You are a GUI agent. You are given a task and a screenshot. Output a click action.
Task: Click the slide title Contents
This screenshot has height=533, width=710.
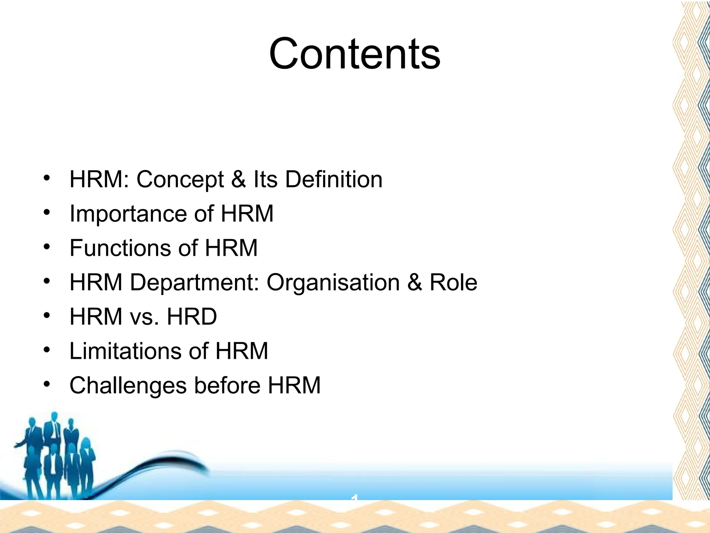tap(355, 54)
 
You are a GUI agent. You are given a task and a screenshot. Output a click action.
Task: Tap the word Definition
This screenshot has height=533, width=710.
tap(334, 179)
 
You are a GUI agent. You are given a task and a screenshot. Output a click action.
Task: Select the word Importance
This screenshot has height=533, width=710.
tap(128, 214)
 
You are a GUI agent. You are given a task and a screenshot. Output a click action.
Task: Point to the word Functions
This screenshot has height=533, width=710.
tap(121, 248)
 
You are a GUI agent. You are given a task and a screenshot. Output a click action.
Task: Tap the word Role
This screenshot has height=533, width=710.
tap(453, 282)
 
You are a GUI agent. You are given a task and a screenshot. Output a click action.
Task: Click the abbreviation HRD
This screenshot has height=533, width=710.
tap(192, 316)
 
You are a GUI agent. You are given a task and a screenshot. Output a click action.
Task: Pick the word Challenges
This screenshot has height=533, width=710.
tap(128, 386)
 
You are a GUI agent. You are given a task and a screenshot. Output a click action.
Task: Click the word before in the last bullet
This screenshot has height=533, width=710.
tap(227, 385)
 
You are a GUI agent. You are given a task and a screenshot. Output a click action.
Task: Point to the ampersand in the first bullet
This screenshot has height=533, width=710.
tap(238, 180)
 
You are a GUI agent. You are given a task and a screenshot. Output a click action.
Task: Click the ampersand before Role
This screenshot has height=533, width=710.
tap(415, 282)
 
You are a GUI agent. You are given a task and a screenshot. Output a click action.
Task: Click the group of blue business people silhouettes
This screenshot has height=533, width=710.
tap(52, 455)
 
